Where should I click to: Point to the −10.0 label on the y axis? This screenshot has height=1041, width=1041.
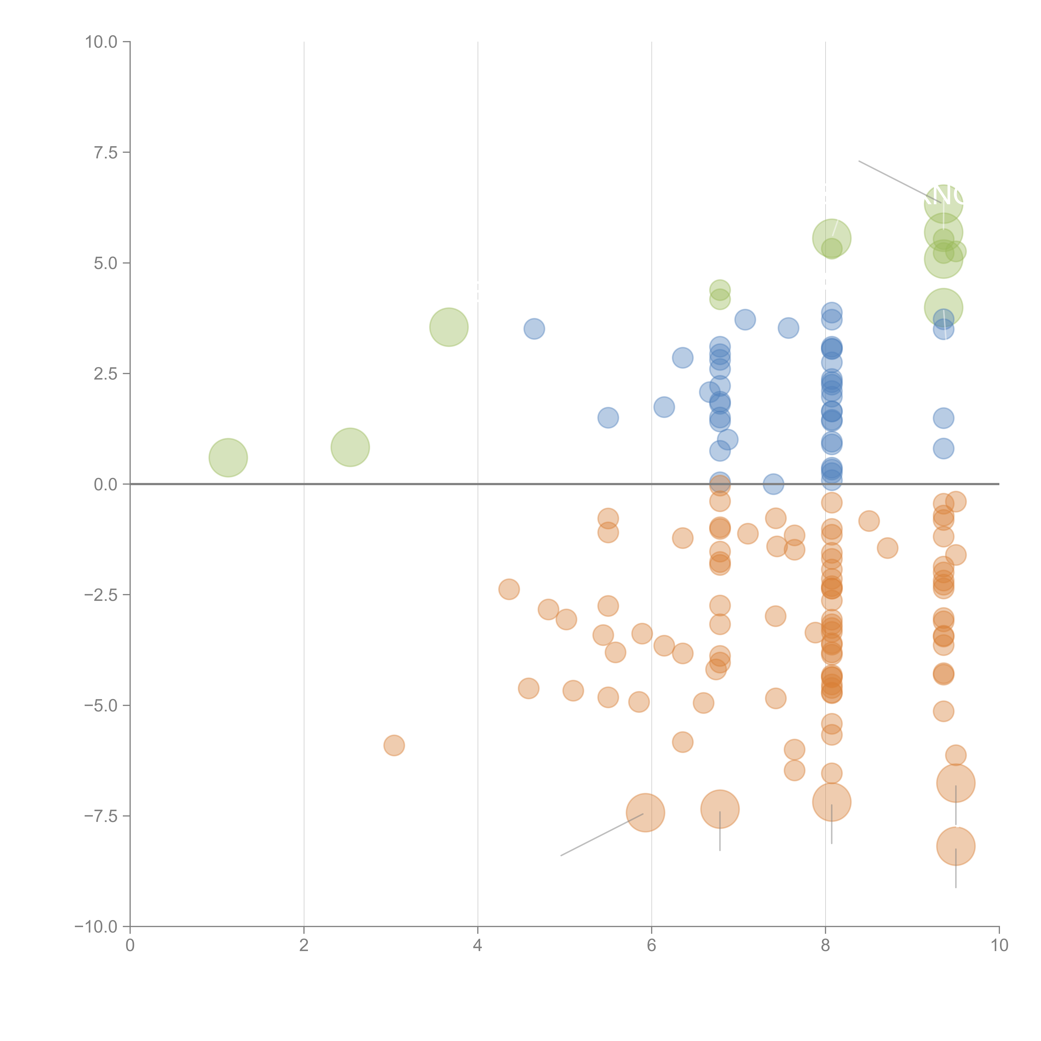pos(96,927)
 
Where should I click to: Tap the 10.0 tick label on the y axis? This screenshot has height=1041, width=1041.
pos(101,42)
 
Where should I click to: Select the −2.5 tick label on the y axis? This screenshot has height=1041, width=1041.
pos(101,595)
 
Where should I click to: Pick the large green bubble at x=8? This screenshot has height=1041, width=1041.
pos(831,238)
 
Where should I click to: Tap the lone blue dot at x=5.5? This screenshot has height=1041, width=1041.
pos(608,418)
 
